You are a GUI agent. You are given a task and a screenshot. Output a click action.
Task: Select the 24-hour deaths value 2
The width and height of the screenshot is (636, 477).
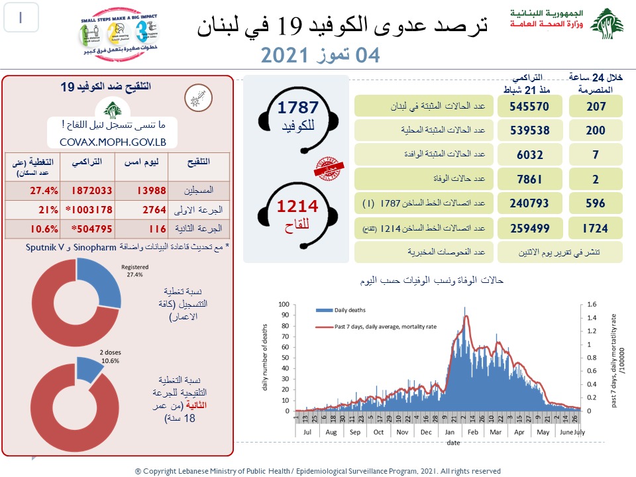tap(596, 180)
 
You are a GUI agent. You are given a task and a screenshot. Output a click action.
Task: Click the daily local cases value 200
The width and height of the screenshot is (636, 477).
tap(596, 131)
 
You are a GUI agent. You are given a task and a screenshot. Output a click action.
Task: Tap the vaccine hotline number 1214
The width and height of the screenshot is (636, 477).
tap(297, 206)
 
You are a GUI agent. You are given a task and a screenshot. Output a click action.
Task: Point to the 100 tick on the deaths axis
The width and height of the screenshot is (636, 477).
tap(284, 305)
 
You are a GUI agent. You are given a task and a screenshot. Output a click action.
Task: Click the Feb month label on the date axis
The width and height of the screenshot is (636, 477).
tap(472, 432)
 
